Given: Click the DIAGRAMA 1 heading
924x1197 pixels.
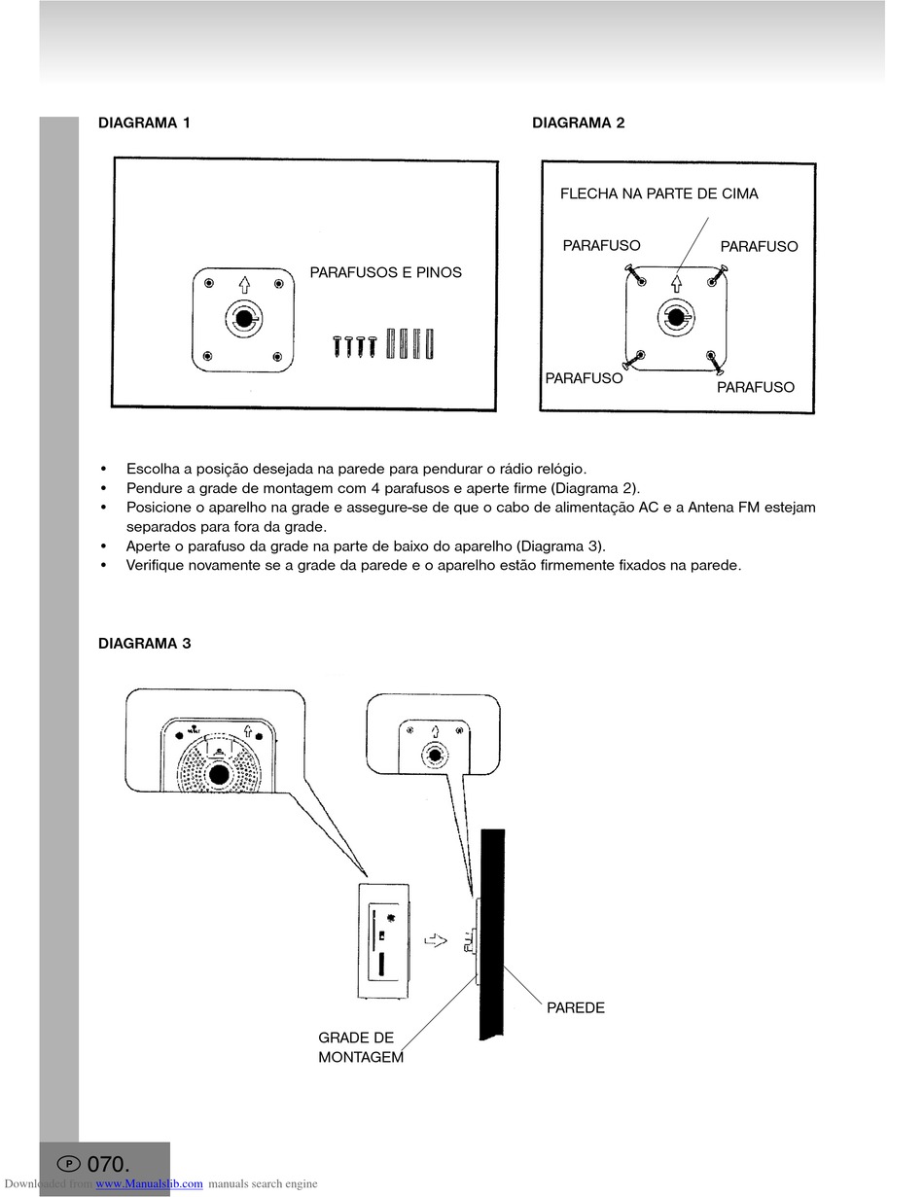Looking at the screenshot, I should click(x=144, y=123).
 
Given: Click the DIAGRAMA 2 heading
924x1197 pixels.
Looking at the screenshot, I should click(x=578, y=123).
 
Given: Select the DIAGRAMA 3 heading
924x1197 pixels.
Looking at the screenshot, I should click(x=144, y=643).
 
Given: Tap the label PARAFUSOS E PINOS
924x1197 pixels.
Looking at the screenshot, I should click(x=385, y=272).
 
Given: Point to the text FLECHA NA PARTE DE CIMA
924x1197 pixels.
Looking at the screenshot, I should click(x=658, y=194).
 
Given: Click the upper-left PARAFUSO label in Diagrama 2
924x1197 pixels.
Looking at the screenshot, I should click(x=601, y=245).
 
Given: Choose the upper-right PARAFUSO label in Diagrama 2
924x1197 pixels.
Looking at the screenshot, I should click(x=759, y=246).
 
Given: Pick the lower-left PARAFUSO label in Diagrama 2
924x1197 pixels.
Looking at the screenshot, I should click(x=584, y=378).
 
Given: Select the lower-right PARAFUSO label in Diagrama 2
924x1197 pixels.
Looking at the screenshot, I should click(x=755, y=387).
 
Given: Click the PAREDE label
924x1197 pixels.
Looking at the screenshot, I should click(x=575, y=1007).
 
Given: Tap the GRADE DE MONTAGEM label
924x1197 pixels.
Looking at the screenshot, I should click(x=360, y=1047).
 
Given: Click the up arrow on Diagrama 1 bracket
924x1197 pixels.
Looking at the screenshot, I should click(x=244, y=285).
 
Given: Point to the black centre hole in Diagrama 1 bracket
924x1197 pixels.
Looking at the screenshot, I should click(x=242, y=318).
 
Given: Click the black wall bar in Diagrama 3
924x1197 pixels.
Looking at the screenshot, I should click(x=492, y=933).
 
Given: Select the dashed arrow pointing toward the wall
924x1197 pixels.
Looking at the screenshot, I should click(x=437, y=940).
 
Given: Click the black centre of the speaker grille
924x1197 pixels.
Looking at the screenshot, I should click(x=219, y=774).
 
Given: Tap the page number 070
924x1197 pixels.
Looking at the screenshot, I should click(x=108, y=1164).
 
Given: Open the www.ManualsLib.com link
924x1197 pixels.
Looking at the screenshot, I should click(x=149, y=1183).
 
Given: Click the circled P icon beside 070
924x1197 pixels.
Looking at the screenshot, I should click(x=69, y=1164).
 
